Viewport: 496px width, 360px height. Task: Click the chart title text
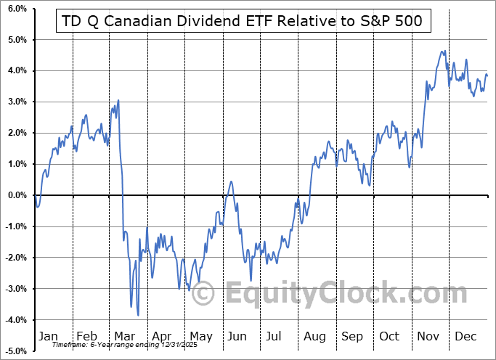pyautogui.click(x=243, y=20)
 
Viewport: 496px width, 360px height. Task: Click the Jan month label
pyautogui.click(x=48, y=336)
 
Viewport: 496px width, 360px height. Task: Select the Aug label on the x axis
pyautogui.click(x=314, y=336)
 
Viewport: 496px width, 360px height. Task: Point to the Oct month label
pyautogui.click(x=389, y=336)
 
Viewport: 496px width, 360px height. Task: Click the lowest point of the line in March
pyautogui.click(x=138, y=315)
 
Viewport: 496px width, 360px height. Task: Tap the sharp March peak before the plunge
pyautogui.click(x=118, y=100)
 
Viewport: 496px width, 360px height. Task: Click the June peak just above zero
pyautogui.click(x=231, y=181)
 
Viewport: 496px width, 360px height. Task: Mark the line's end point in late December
pyautogui.click(x=487, y=75)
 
